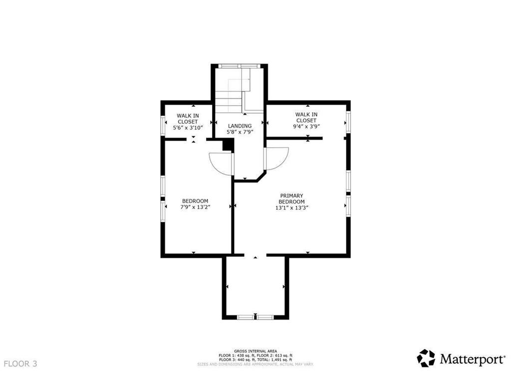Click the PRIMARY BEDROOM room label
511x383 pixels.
point(292,198)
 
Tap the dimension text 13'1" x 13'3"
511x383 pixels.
point(292,208)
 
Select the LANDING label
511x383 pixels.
point(240,126)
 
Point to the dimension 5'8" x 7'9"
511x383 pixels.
point(240,132)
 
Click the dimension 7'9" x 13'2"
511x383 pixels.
point(195,208)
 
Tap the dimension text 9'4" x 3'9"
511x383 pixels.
point(306,127)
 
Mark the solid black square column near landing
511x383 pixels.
point(228,144)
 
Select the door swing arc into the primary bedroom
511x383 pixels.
point(276,159)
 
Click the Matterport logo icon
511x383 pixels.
point(426,358)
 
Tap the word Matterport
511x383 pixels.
point(472,358)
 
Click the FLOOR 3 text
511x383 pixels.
point(20,364)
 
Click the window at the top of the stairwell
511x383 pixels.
point(240,65)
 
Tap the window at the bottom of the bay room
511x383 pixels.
point(255,317)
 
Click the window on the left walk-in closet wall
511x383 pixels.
point(163,125)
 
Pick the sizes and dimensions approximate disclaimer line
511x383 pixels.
point(255,364)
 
